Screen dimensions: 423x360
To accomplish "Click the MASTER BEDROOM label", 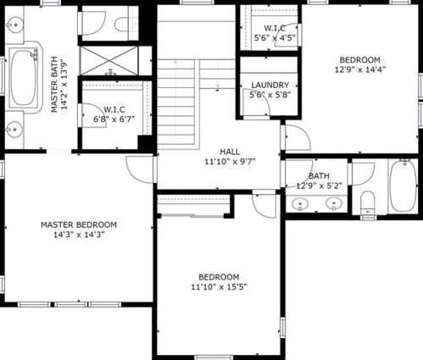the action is point(79,224).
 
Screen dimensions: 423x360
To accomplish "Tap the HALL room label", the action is point(230,152).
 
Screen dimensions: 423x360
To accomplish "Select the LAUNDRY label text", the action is point(270,85).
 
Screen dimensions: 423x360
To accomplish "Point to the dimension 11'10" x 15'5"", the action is point(220,287).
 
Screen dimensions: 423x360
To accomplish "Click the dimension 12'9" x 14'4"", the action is point(360,69).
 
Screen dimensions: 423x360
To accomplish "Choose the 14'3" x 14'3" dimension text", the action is point(79,235).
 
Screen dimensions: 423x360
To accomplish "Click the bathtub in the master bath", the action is point(24,78).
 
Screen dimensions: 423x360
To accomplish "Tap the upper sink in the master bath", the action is point(14,25).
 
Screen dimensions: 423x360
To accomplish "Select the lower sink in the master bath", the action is point(14,130).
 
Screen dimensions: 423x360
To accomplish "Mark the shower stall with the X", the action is point(109,61).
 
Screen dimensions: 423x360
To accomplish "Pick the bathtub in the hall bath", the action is point(404,186).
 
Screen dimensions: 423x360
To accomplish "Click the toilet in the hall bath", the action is point(368,203).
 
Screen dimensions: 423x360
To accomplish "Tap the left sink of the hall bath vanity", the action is point(300,203).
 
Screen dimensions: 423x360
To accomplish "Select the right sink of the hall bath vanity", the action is point(334,203).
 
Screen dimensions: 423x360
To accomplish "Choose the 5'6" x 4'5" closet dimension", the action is point(275,37).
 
